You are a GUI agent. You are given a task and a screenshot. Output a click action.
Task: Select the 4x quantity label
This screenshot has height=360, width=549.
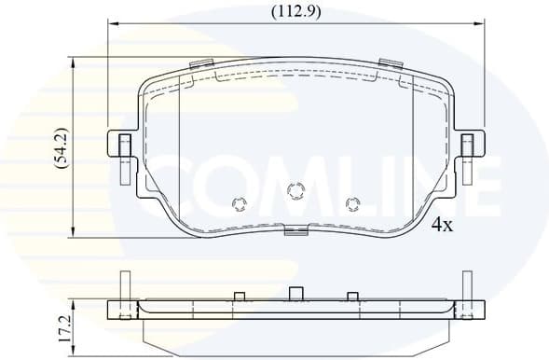tap(442, 225)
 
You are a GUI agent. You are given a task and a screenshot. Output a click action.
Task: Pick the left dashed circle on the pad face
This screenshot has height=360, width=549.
tap(239, 202)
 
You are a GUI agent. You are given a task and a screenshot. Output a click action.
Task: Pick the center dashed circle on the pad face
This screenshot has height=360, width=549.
tap(296, 191)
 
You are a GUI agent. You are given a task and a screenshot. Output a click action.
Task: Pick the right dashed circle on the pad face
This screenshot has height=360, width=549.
tap(352, 202)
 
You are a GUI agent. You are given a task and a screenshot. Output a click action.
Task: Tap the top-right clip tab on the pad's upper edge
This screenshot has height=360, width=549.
tap(390, 64)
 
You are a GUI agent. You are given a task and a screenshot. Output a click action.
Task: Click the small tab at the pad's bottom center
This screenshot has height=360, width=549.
tap(295, 232)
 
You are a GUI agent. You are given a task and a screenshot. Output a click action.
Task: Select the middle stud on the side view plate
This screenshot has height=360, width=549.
tap(295, 294)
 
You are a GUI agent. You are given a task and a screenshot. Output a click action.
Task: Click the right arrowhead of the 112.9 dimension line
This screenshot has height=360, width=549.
tap(483, 26)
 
